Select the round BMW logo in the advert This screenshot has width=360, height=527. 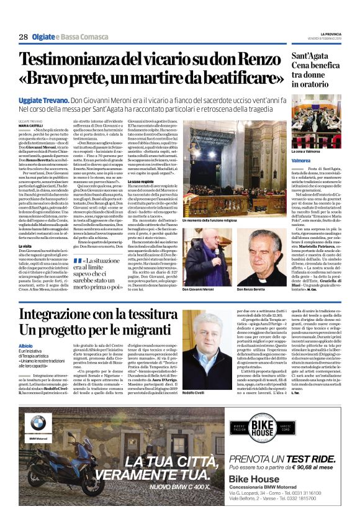click(38, 424)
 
